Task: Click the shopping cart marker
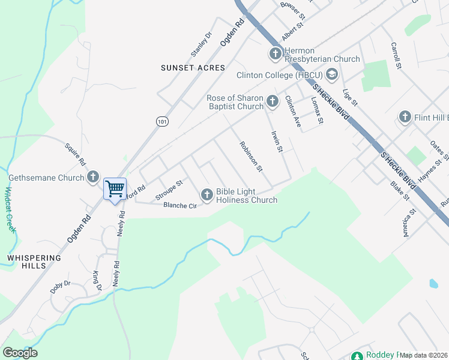point(115,190)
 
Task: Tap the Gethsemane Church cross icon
point(92,177)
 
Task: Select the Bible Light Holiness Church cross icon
point(206,194)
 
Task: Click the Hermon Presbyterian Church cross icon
point(275,55)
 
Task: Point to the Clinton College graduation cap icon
point(332,74)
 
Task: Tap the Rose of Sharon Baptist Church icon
point(273,101)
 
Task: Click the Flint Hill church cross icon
point(405,117)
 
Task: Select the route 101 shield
point(162,121)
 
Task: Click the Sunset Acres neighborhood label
point(193,68)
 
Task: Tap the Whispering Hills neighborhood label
point(34,262)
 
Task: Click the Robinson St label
point(251,156)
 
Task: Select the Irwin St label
point(276,142)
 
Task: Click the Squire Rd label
point(76,155)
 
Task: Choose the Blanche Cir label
point(180,205)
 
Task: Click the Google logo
point(20,353)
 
